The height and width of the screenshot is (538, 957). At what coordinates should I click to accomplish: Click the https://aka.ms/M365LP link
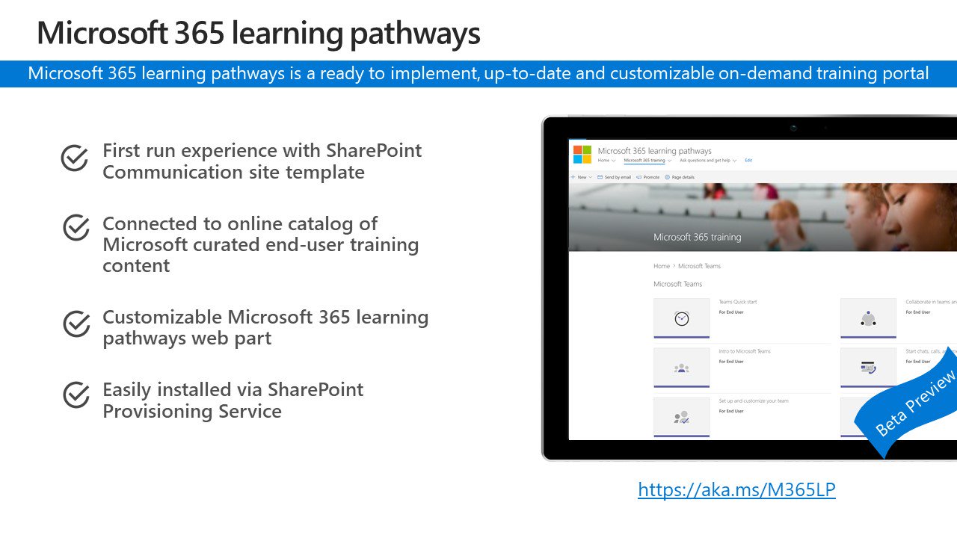tap(736, 490)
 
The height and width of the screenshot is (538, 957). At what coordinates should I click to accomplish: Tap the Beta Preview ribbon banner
tap(914, 403)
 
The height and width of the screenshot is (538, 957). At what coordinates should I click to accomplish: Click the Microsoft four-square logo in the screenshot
tap(582, 155)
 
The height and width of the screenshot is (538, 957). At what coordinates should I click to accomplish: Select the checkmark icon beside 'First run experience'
tap(75, 158)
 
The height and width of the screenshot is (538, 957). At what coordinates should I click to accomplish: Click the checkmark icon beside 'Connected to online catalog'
tap(75, 229)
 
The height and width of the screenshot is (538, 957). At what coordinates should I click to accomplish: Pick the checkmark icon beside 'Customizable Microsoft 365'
tap(75, 324)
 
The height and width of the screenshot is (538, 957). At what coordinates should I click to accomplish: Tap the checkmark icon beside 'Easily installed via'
tap(75, 395)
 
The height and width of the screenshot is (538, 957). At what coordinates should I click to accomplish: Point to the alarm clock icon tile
tap(681, 318)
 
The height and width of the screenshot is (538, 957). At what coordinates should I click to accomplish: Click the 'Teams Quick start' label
tap(738, 302)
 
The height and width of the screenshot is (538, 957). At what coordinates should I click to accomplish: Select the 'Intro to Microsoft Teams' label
tap(744, 351)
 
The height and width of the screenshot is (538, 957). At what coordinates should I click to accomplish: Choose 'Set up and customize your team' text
tap(753, 401)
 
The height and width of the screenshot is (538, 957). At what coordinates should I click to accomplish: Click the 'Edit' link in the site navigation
tap(748, 161)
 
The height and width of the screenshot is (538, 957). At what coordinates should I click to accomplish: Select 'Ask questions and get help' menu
tap(707, 161)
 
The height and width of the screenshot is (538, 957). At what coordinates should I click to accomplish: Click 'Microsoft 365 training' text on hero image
tap(697, 237)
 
